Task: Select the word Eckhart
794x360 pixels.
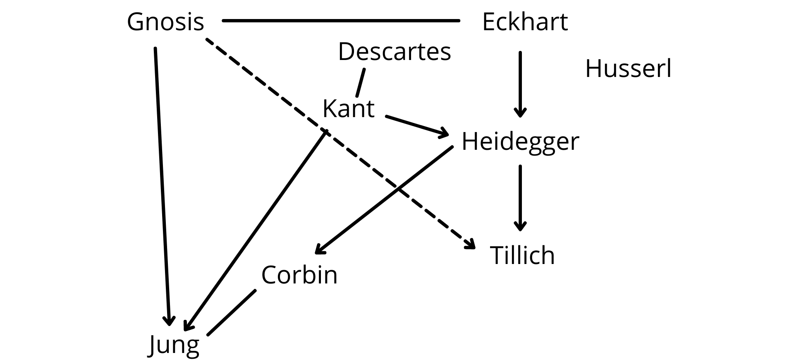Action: [x=525, y=22]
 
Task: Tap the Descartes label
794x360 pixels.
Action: [x=395, y=52]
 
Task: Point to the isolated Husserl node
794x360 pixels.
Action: [x=628, y=68]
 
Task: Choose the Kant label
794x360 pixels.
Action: [x=348, y=108]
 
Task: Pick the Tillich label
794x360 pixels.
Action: [x=522, y=255]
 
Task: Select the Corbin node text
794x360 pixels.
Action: [x=299, y=274]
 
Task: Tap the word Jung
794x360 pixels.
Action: [x=174, y=346]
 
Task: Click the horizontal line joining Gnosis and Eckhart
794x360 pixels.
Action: [x=341, y=20]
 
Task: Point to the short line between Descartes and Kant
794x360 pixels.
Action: [x=361, y=82]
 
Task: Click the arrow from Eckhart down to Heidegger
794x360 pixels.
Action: [x=520, y=84]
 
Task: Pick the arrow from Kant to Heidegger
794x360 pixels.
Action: [x=417, y=126]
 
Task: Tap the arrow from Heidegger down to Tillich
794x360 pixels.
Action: [x=520, y=198]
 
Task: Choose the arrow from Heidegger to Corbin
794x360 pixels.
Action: [x=384, y=199]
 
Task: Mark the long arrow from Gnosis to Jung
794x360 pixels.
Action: [x=162, y=187]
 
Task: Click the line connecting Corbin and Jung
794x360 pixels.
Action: [x=232, y=312]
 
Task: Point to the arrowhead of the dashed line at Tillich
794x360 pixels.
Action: [x=470, y=244]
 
